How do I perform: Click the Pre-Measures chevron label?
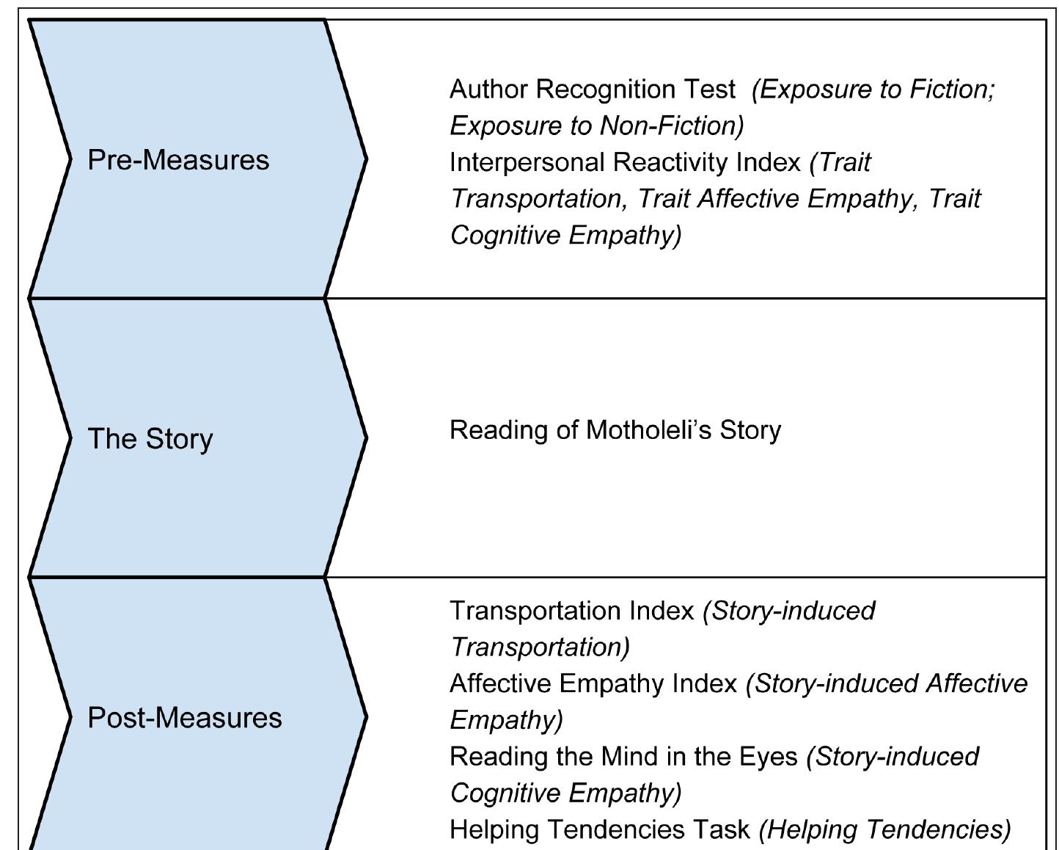(178, 160)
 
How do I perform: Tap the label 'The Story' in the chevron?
(150, 439)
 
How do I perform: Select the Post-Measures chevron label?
(184, 718)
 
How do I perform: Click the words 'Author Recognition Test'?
(592, 90)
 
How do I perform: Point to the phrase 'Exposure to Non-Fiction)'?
(596, 126)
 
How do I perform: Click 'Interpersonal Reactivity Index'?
(625, 162)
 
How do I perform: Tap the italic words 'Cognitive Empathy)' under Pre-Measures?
(565, 236)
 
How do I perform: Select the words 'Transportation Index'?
(571, 611)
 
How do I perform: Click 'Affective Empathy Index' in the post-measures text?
(593, 684)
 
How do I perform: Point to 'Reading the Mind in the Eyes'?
(623, 757)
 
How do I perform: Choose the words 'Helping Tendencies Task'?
(599, 829)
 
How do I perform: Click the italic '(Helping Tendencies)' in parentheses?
(884, 829)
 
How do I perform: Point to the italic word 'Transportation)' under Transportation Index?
(540, 647)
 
